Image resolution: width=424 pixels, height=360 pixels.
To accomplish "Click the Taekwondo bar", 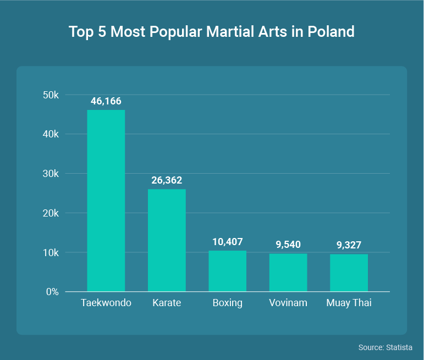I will point(106,201).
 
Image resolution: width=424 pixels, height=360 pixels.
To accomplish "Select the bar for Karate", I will point(167,240).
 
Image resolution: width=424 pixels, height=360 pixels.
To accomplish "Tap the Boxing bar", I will point(227,271).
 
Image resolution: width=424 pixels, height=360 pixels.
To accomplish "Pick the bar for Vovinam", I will point(288,273).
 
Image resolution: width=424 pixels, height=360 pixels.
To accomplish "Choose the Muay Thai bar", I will point(349,273).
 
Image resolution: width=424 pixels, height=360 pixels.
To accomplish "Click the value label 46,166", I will point(106,101).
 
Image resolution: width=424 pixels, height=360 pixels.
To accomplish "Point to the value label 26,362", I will point(167,180).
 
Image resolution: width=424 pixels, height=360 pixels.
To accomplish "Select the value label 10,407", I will point(227,242).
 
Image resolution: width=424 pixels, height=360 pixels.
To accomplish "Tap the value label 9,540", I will point(288,245).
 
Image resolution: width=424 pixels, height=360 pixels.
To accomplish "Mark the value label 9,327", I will point(349,245).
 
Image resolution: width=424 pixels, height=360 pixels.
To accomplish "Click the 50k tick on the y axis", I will point(51,95).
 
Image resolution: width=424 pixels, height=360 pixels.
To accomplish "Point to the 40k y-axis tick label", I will point(51,134).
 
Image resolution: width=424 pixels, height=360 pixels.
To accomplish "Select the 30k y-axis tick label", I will point(51,174).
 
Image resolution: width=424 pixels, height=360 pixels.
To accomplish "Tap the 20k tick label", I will point(51,213).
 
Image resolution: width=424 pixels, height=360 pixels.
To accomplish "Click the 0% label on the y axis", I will point(52,292).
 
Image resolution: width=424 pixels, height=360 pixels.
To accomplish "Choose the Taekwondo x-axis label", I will point(106,303).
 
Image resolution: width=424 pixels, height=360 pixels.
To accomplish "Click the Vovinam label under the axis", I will point(288,303).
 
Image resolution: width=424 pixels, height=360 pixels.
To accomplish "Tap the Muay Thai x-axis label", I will point(349,303).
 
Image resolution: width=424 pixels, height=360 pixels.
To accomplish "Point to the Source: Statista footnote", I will point(385,348).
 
